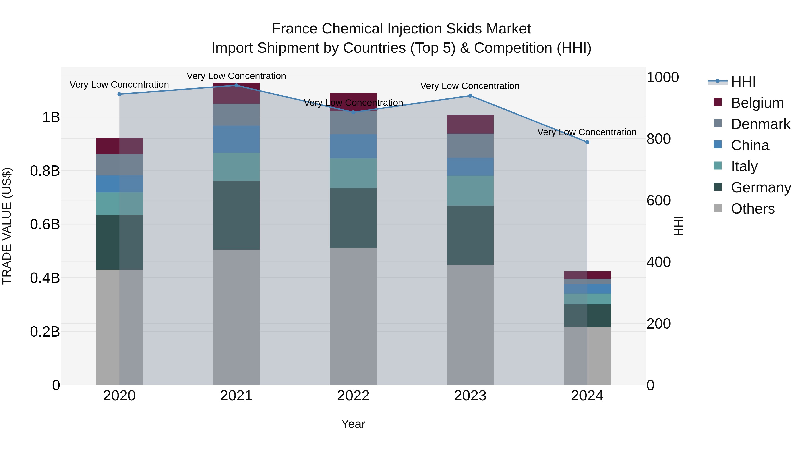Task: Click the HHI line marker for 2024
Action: click(587, 142)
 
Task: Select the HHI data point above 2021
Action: click(236, 85)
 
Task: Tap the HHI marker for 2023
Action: click(470, 96)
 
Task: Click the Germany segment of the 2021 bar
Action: click(236, 215)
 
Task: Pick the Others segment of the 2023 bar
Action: click(470, 324)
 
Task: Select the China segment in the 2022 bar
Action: click(353, 146)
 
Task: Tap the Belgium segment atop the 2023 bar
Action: click(470, 124)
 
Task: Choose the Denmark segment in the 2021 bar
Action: click(236, 115)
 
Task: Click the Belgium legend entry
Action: click(757, 103)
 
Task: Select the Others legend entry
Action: click(753, 209)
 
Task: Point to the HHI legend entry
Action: click(743, 82)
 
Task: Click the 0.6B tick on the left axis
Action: click(45, 224)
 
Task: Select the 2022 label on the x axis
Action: click(353, 396)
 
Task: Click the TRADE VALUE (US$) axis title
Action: click(7, 226)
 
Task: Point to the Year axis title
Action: click(353, 424)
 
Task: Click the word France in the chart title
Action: click(295, 29)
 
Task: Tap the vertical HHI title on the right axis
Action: click(678, 226)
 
